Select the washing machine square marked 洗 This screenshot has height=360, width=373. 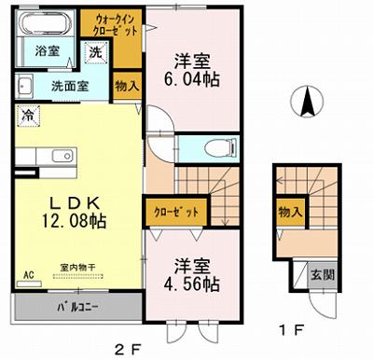pos(94,54)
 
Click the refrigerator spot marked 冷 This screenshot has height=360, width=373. pos(27,118)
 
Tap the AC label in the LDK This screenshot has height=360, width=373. pos(28,274)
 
